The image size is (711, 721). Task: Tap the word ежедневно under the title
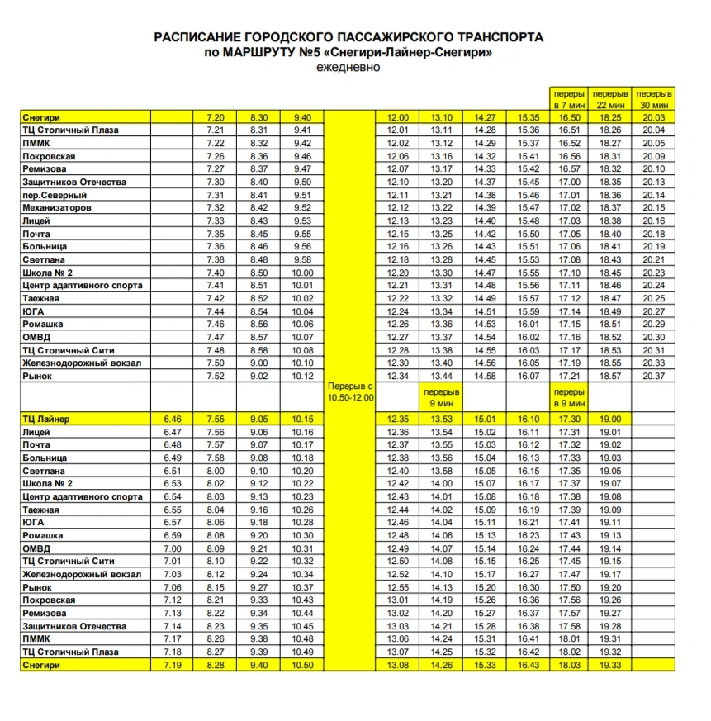pos(348,67)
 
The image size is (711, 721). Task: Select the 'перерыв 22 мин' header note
pos(610,99)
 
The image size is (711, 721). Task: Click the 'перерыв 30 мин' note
pos(654,99)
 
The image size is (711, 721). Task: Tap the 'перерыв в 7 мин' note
pos(570,99)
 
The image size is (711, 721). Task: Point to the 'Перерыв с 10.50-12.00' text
pos(351,391)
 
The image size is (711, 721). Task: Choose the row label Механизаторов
pos(57,207)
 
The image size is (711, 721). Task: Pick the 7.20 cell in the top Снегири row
pos(215,117)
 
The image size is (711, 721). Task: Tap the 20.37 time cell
pos(654,377)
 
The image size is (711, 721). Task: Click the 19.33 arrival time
pos(610,665)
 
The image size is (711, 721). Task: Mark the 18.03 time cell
pos(570,665)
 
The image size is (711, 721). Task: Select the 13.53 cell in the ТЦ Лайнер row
pos(442,419)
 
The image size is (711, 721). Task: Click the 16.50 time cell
pos(570,117)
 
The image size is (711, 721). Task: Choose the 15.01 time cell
pos(485,419)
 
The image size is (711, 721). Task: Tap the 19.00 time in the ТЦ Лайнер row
pos(610,419)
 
